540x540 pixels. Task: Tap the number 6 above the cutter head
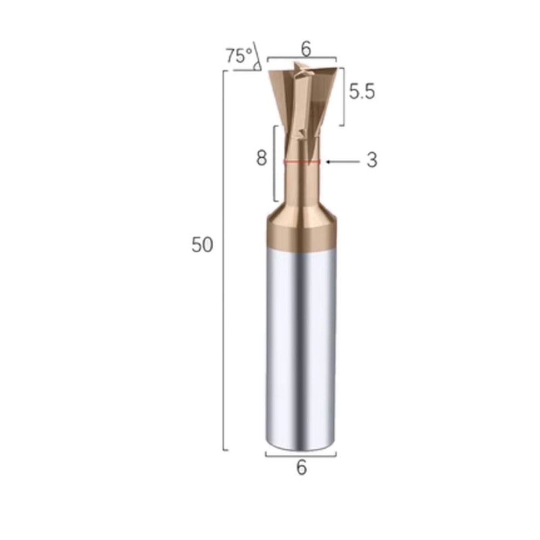pos(306,49)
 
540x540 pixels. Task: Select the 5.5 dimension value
pos(361,92)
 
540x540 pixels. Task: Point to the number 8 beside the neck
pos(262,159)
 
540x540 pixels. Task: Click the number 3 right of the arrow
pos(372,160)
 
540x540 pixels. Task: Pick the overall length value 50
pos(202,245)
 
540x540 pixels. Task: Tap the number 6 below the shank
pos(301,468)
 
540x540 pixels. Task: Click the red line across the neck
pos(302,161)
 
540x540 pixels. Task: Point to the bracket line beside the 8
pos(275,162)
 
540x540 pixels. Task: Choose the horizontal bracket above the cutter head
pos(302,58)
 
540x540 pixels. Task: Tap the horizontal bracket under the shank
pos(301,455)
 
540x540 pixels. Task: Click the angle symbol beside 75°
pos(257,60)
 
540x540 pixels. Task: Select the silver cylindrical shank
pos(301,346)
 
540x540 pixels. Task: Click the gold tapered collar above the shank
pos(301,227)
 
